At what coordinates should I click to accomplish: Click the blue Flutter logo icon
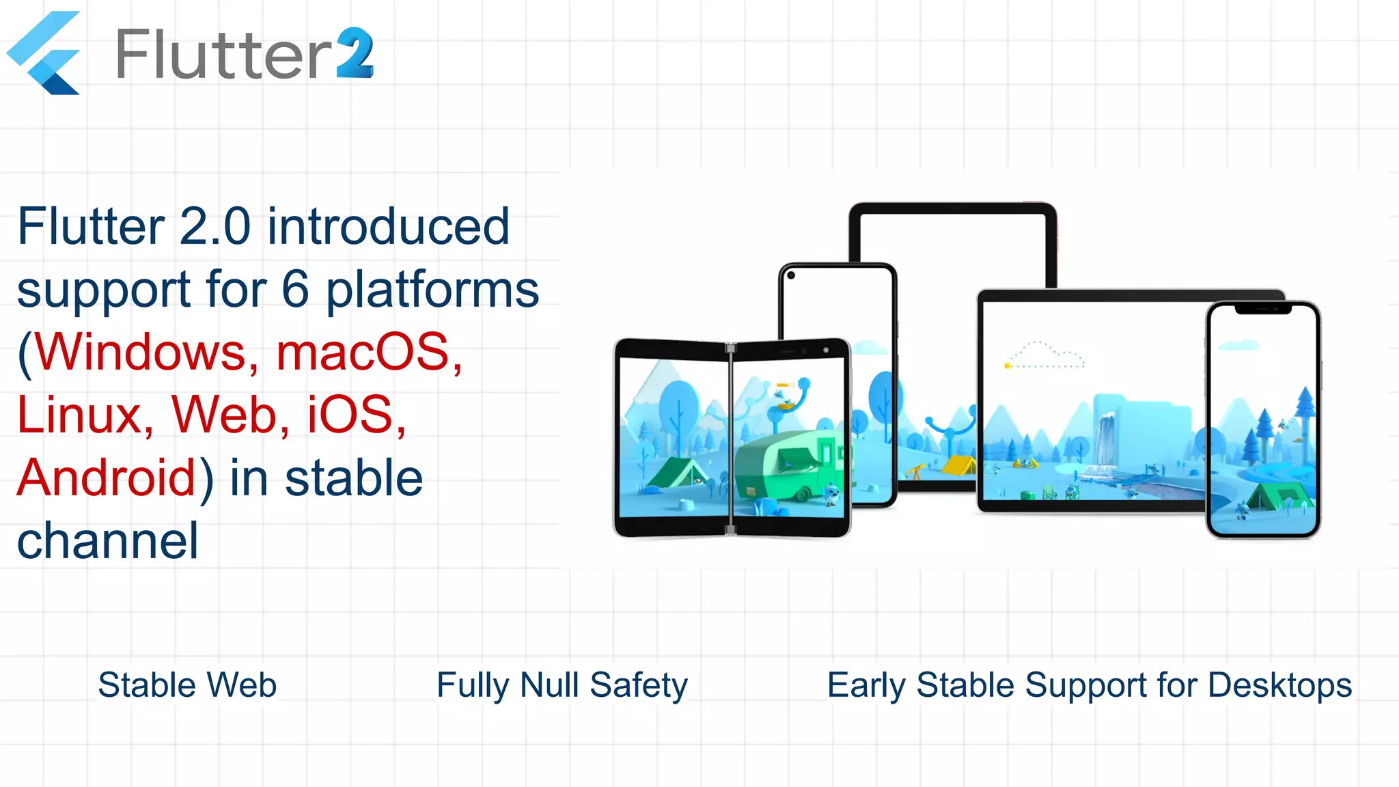pos(44,53)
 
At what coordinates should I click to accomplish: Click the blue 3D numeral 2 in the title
pos(355,53)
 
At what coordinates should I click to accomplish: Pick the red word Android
pos(107,478)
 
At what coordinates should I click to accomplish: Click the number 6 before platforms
pos(295,289)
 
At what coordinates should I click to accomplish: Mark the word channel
pos(107,540)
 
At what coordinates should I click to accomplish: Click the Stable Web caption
pos(187,685)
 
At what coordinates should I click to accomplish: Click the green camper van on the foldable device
pos(786,465)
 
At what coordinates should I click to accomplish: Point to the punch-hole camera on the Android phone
pos(791,276)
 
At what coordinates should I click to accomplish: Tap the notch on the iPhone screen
pos(1263,309)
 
